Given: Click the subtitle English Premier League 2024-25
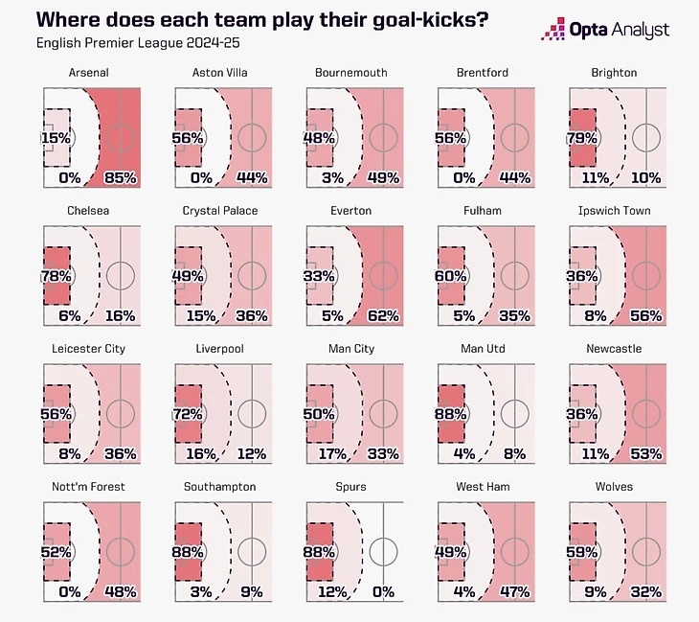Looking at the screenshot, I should coord(127,43).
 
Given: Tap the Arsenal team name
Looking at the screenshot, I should coord(87,73).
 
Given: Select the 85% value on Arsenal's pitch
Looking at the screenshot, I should coord(121,178).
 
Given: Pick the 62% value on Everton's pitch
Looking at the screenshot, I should coord(383,315).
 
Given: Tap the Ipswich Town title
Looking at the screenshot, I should coord(618,211).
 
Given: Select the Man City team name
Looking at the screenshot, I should coord(350,349).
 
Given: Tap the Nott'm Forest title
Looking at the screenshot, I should coord(87,487).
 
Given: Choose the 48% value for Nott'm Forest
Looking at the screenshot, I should coord(121,591).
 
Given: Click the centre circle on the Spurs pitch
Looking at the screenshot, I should coord(383,551).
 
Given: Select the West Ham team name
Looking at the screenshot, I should coord(483,487).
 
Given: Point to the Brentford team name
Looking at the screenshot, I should coord(483,73).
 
